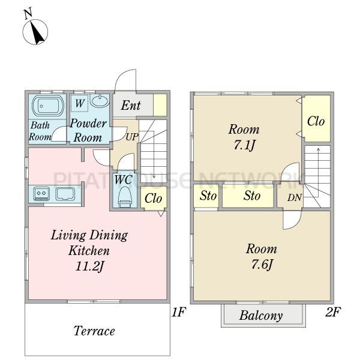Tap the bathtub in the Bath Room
click(x=48, y=106)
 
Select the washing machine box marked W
click(x=79, y=103)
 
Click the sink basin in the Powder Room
click(x=99, y=101)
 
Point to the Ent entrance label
click(x=131, y=106)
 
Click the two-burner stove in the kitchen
click(x=41, y=193)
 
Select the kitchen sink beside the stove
click(x=65, y=194)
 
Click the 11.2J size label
click(x=90, y=266)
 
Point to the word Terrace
click(x=94, y=331)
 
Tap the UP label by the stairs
click(x=132, y=137)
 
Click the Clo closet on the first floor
click(x=154, y=198)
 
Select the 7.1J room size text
click(x=244, y=145)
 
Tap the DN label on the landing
click(x=295, y=197)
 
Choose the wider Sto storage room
click(x=248, y=196)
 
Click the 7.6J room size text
click(x=262, y=265)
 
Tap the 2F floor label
click(x=333, y=311)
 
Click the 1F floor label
click(x=178, y=311)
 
